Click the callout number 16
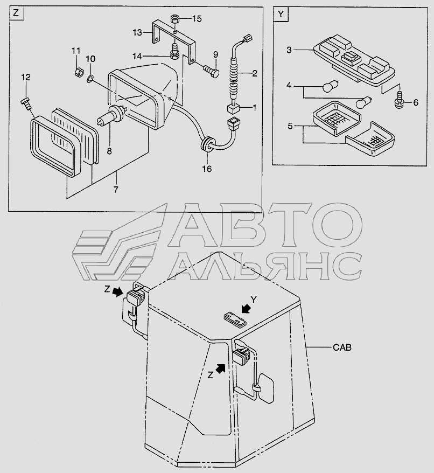[207, 169]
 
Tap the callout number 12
[25, 78]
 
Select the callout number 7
[116, 189]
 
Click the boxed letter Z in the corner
[16, 15]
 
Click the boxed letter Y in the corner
[279, 15]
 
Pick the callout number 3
[289, 50]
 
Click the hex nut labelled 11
[77, 70]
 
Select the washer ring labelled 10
[90, 80]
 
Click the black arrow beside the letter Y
[246, 309]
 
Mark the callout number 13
[137, 32]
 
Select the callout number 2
[254, 72]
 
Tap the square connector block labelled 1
[233, 108]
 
